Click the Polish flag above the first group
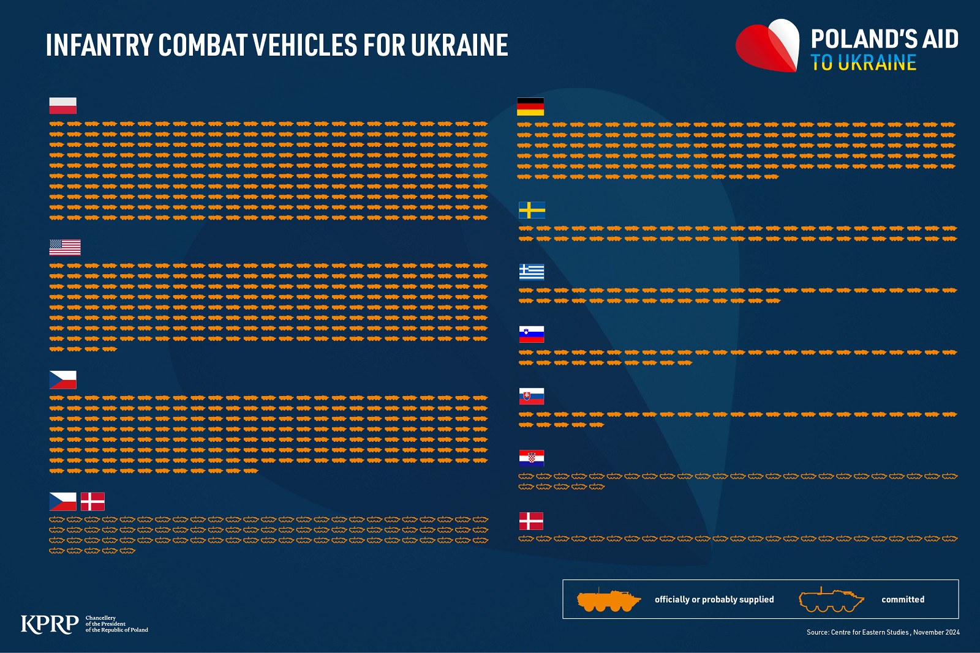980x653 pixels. [63, 106]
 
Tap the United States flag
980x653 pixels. [65, 247]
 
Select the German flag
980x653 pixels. [530, 106]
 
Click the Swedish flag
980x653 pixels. [532, 210]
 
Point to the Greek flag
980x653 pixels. [532, 272]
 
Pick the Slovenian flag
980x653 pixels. [532, 334]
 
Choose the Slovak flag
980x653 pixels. [532, 397]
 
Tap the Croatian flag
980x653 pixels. [532, 458]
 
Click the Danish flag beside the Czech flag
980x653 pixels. [92, 502]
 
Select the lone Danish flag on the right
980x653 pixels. [531, 521]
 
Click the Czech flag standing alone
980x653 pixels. [63, 380]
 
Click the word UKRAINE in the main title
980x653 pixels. [459, 45]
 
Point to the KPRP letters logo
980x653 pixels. [50, 624]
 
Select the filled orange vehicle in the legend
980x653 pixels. [609, 600]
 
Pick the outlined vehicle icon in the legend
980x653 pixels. [831, 600]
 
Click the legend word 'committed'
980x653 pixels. [903, 600]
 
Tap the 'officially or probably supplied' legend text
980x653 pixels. [714, 600]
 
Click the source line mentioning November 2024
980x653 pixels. [883, 632]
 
